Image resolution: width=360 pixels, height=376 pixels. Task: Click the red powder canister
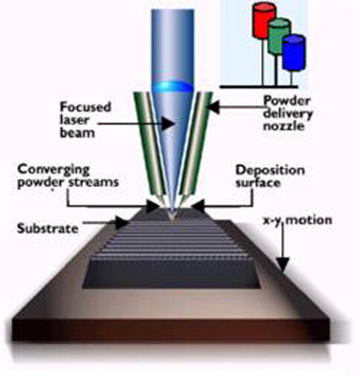point(265,20)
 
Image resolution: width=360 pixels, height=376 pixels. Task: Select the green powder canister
point(279,36)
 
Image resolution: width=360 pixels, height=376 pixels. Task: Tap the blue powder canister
point(294,52)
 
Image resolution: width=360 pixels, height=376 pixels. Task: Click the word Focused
point(86,107)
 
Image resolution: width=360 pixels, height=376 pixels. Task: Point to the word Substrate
point(47,229)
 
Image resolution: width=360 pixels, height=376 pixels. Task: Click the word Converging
point(53,171)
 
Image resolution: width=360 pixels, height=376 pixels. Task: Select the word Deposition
point(270,171)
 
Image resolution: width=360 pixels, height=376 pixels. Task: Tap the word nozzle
point(283,126)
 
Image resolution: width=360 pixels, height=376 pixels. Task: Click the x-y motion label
point(298,220)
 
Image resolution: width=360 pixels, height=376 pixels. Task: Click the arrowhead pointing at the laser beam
point(168,123)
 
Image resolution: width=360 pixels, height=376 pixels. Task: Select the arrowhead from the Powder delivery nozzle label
point(213,107)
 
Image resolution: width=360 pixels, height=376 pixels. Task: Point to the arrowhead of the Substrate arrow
point(123,223)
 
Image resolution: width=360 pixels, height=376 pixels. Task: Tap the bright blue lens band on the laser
point(173,87)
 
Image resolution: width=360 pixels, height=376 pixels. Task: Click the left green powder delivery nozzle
point(150,148)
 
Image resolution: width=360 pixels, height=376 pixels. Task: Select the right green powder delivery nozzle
point(195,148)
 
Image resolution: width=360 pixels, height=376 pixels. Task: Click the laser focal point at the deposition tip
point(172,216)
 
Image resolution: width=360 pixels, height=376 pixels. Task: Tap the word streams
point(94,182)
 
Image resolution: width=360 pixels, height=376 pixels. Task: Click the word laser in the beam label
point(74,120)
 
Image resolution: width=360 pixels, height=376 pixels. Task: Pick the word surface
point(258,183)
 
